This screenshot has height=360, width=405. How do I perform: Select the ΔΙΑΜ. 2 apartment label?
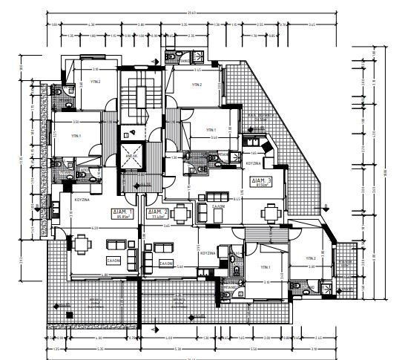[x=157, y=212]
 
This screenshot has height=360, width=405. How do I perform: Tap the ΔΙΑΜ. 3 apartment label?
[x=260, y=180]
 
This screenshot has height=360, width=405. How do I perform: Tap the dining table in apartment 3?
[x=271, y=214]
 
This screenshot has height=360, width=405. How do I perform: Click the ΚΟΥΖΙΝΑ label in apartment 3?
[x=253, y=163]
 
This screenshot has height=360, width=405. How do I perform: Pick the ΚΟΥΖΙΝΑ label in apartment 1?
[x=82, y=201]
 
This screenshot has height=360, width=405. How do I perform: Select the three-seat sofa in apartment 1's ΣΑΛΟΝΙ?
[x=116, y=244]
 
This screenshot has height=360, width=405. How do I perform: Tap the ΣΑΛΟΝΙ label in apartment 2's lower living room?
[x=164, y=263]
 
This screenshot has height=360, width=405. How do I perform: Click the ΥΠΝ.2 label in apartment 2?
[x=197, y=85]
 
